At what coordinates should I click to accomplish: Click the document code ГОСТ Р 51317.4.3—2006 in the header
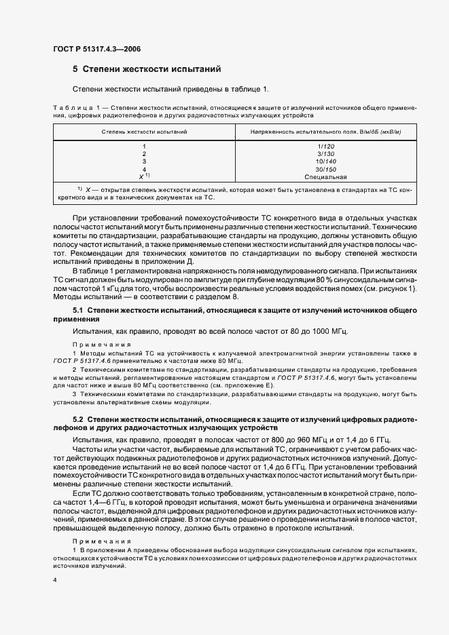point(96,48)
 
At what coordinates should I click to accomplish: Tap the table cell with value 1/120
point(326,147)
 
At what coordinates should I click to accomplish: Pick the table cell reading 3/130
point(326,154)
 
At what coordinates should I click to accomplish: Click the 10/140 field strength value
point(326,161)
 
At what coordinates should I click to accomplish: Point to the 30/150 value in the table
point(326,170)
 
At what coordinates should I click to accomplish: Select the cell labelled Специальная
point(326,176)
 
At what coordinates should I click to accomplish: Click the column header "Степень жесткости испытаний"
point(144,130)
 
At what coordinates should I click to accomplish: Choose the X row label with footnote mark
point(144,176)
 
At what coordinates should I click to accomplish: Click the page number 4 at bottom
point(55,581)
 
